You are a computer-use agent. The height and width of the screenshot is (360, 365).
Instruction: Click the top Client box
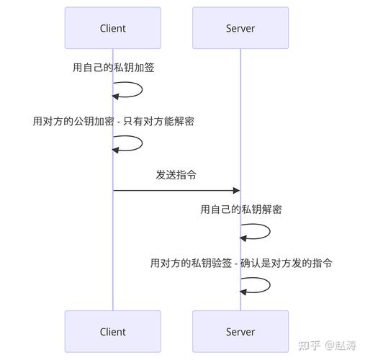point(112,28)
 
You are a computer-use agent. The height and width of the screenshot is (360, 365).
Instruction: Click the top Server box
point(240,28)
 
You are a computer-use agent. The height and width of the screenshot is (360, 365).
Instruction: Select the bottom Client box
point(112,331)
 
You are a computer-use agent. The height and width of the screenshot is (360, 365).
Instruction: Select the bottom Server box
point(240,331)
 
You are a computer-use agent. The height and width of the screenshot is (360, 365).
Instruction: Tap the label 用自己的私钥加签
point(113,68)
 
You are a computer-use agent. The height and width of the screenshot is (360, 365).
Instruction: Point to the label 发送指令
point(176,175)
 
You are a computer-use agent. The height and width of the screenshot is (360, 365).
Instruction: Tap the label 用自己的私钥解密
point(240,210)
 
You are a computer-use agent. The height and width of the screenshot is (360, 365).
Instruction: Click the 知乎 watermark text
point(308,344)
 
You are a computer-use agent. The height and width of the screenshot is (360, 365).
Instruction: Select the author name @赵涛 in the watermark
point(341,344)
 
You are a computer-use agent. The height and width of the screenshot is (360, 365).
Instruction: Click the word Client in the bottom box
point(112,331)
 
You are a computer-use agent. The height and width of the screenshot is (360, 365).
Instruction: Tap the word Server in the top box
point(240,28)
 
